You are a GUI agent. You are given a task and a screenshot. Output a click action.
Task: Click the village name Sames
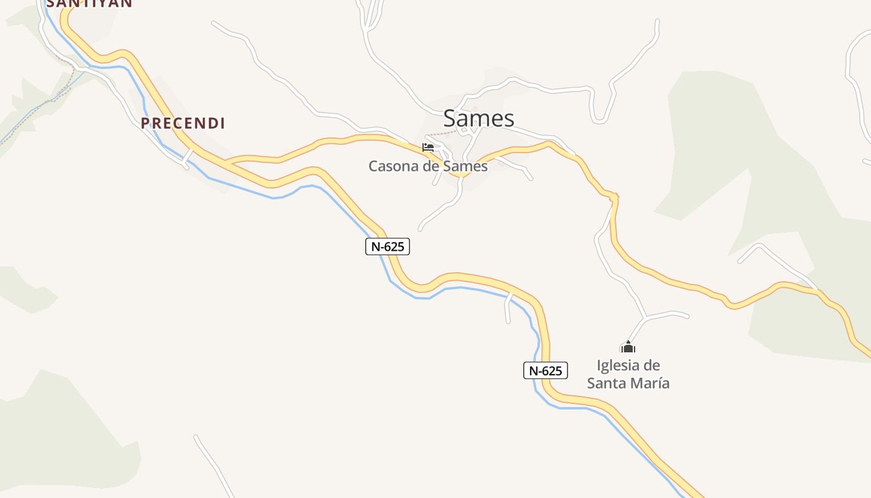[x=478, y=118]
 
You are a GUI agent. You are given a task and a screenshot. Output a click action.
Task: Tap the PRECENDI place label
[x=182, y=123]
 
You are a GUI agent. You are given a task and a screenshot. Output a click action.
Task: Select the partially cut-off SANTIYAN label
[x=90, y=3]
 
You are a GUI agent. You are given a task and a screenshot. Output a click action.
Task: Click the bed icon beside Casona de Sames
[x=428, y=148]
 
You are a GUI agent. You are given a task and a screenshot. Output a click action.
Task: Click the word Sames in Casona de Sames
[x=467, y=166]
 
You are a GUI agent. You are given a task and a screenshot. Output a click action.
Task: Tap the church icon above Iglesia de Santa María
[x=628, y=347]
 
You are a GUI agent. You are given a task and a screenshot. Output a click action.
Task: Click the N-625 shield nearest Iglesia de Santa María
[x=545, y=371]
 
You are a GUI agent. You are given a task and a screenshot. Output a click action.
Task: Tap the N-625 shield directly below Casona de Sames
[x=387, y=247]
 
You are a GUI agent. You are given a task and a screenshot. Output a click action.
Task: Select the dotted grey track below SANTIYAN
[x=62, y=93]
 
